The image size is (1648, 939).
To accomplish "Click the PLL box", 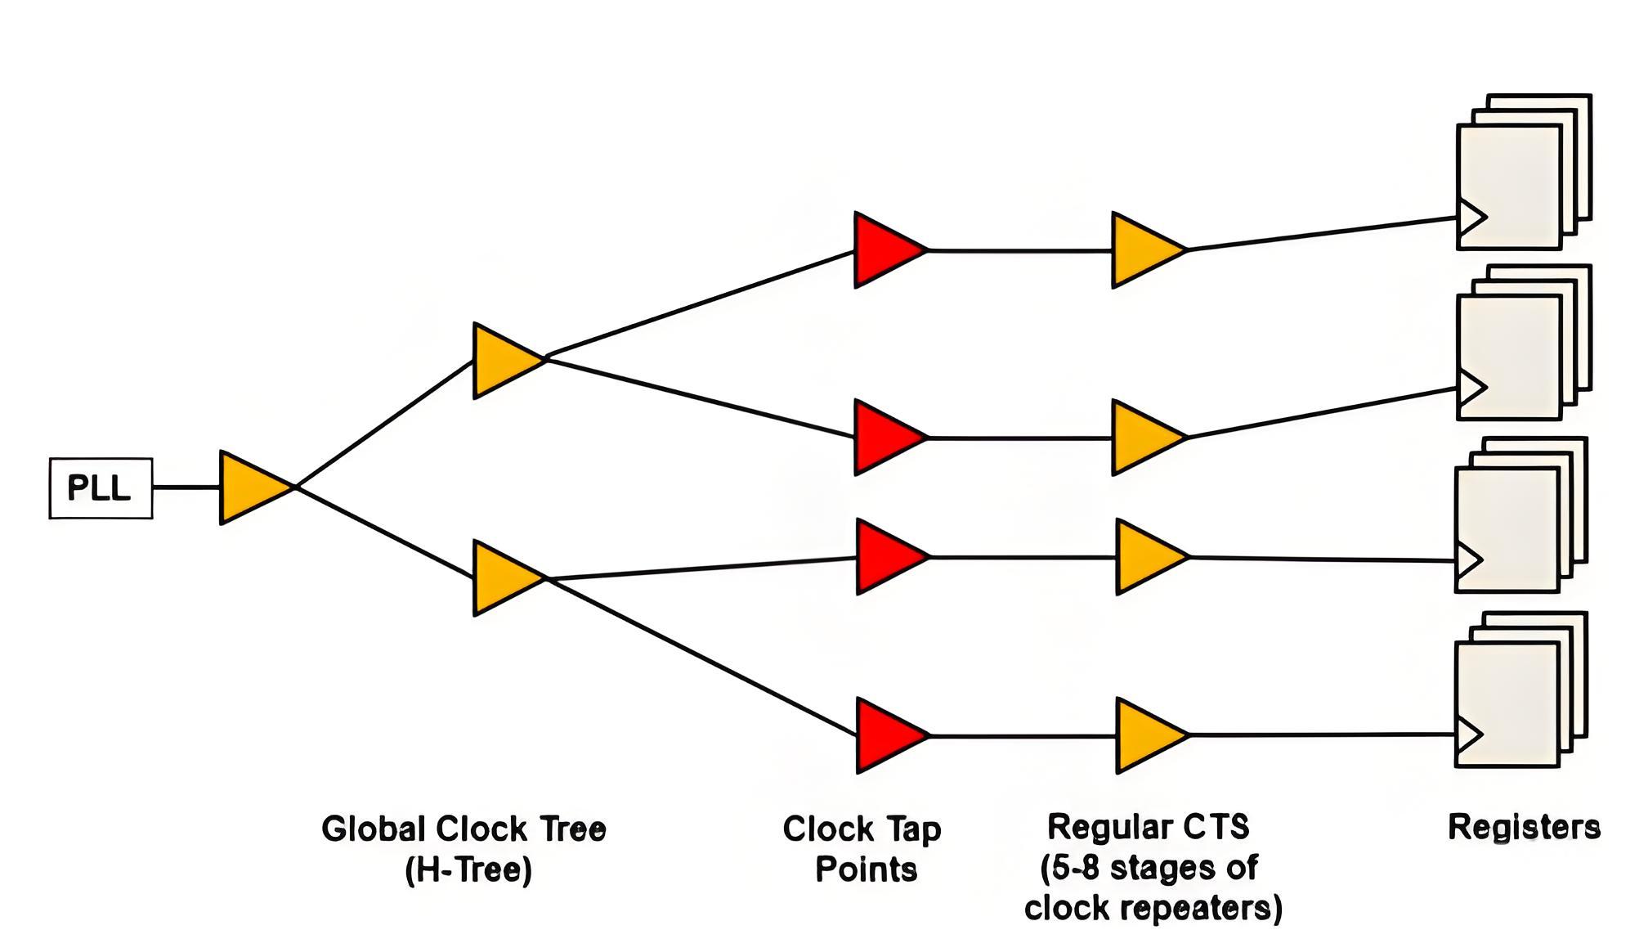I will (101, 488).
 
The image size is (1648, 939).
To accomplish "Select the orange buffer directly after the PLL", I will (250, 487).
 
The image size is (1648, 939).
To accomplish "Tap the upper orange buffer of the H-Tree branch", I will (503, 361).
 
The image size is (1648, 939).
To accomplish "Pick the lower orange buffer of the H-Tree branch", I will (503, 577).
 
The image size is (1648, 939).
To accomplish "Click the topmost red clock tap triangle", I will (884, 249).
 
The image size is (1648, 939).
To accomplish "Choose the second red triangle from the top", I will (884, 438).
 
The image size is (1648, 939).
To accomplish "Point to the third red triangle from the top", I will (887, 557).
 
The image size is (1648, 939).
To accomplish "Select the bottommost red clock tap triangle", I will (887, 735).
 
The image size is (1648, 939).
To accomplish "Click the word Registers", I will (1524, 827).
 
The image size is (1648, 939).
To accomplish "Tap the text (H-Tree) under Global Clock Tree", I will (468, 869).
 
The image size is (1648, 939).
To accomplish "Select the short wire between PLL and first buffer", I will (186, 487).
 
